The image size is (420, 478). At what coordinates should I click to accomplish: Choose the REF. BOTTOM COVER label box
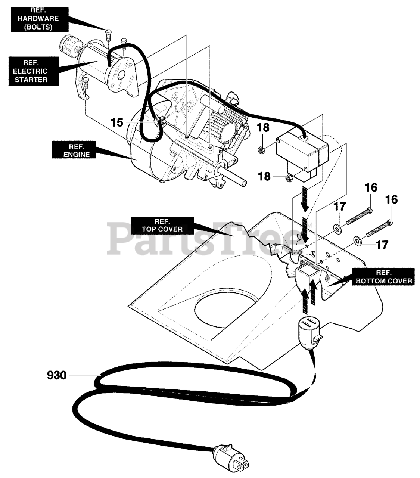coord(383,276)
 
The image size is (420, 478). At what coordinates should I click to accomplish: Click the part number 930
coord(57,375)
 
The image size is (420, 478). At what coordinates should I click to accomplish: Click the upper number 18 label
coord(263,128)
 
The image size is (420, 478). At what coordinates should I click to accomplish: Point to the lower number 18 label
coord(264,176)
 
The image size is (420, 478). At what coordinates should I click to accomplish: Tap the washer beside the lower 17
coord(357,241)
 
